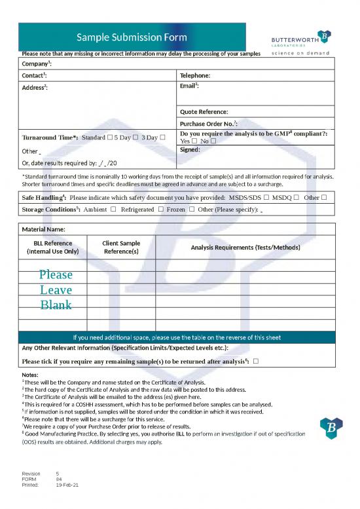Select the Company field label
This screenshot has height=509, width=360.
point(37,64)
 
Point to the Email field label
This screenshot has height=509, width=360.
point(189,86)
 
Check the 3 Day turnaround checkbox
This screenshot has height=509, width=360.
point(163,137)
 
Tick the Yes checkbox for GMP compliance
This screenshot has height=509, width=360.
point(194,141)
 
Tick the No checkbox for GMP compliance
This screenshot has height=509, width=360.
point(213,141)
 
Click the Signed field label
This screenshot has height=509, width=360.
point(190,149)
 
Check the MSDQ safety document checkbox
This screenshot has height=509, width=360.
point(297,197)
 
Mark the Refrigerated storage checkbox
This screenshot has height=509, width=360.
point(160,210)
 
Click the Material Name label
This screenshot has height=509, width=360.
point(44,229)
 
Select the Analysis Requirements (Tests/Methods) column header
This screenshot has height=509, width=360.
point(245,247)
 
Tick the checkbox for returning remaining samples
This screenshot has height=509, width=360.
point(255,361)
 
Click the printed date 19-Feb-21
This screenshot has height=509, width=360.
point(67,484)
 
